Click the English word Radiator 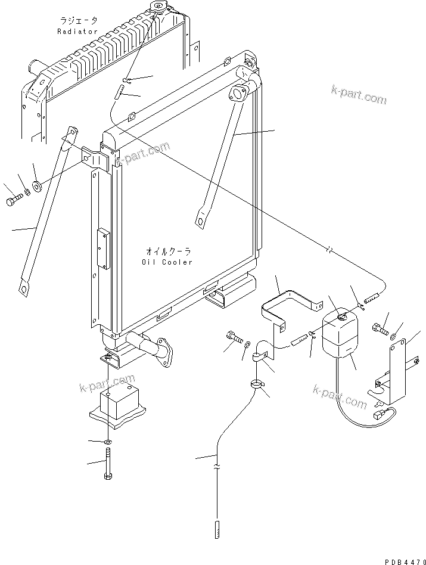click(77, 31)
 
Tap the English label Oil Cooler click(167, 262)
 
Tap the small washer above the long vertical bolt click(106, 442)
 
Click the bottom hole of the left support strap click(24, 290)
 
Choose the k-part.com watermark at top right click(359, 94)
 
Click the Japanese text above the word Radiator click(77, 21)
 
